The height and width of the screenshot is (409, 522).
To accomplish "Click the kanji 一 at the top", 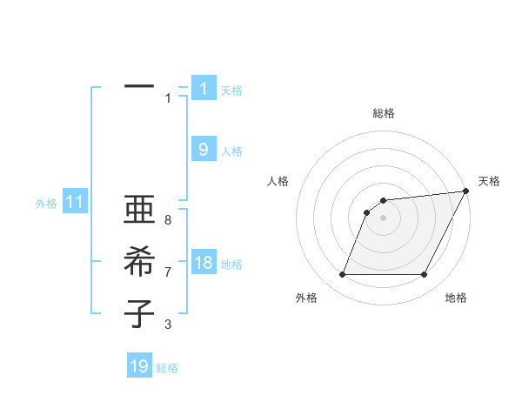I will click(139, 87).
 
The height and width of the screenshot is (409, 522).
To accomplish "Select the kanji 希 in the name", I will click(139, 262).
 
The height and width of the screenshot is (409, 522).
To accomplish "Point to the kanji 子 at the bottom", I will click(139, 313).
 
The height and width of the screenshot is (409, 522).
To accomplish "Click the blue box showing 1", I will click(204, 89).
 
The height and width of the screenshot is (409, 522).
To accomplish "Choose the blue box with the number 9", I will click(204, 150).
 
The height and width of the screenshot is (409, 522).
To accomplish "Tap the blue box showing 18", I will click(204, 263).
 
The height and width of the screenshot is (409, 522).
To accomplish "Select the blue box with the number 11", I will click(75, 203).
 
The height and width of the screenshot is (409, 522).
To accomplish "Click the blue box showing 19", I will click(139, 366).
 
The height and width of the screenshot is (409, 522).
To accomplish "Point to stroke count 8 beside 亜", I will click(167, 220).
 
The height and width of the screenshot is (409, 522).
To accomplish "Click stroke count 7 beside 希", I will click(167, 272).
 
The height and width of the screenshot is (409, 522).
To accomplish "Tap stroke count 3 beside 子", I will click(167, 325).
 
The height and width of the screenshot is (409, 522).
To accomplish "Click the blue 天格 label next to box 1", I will click(231, 90).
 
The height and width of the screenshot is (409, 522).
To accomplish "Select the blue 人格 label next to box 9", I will click(231, 151).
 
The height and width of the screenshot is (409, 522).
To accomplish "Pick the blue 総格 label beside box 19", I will click(167, 368).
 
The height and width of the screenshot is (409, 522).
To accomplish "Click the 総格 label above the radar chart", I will click(384, 113).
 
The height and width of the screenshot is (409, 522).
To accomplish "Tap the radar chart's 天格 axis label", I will click(489, 181).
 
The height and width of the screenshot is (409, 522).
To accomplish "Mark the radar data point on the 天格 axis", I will click(466, 191).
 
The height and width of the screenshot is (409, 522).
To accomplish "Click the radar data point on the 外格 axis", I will click(342, 275).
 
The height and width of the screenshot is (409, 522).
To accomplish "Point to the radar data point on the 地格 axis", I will click(425, 275).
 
